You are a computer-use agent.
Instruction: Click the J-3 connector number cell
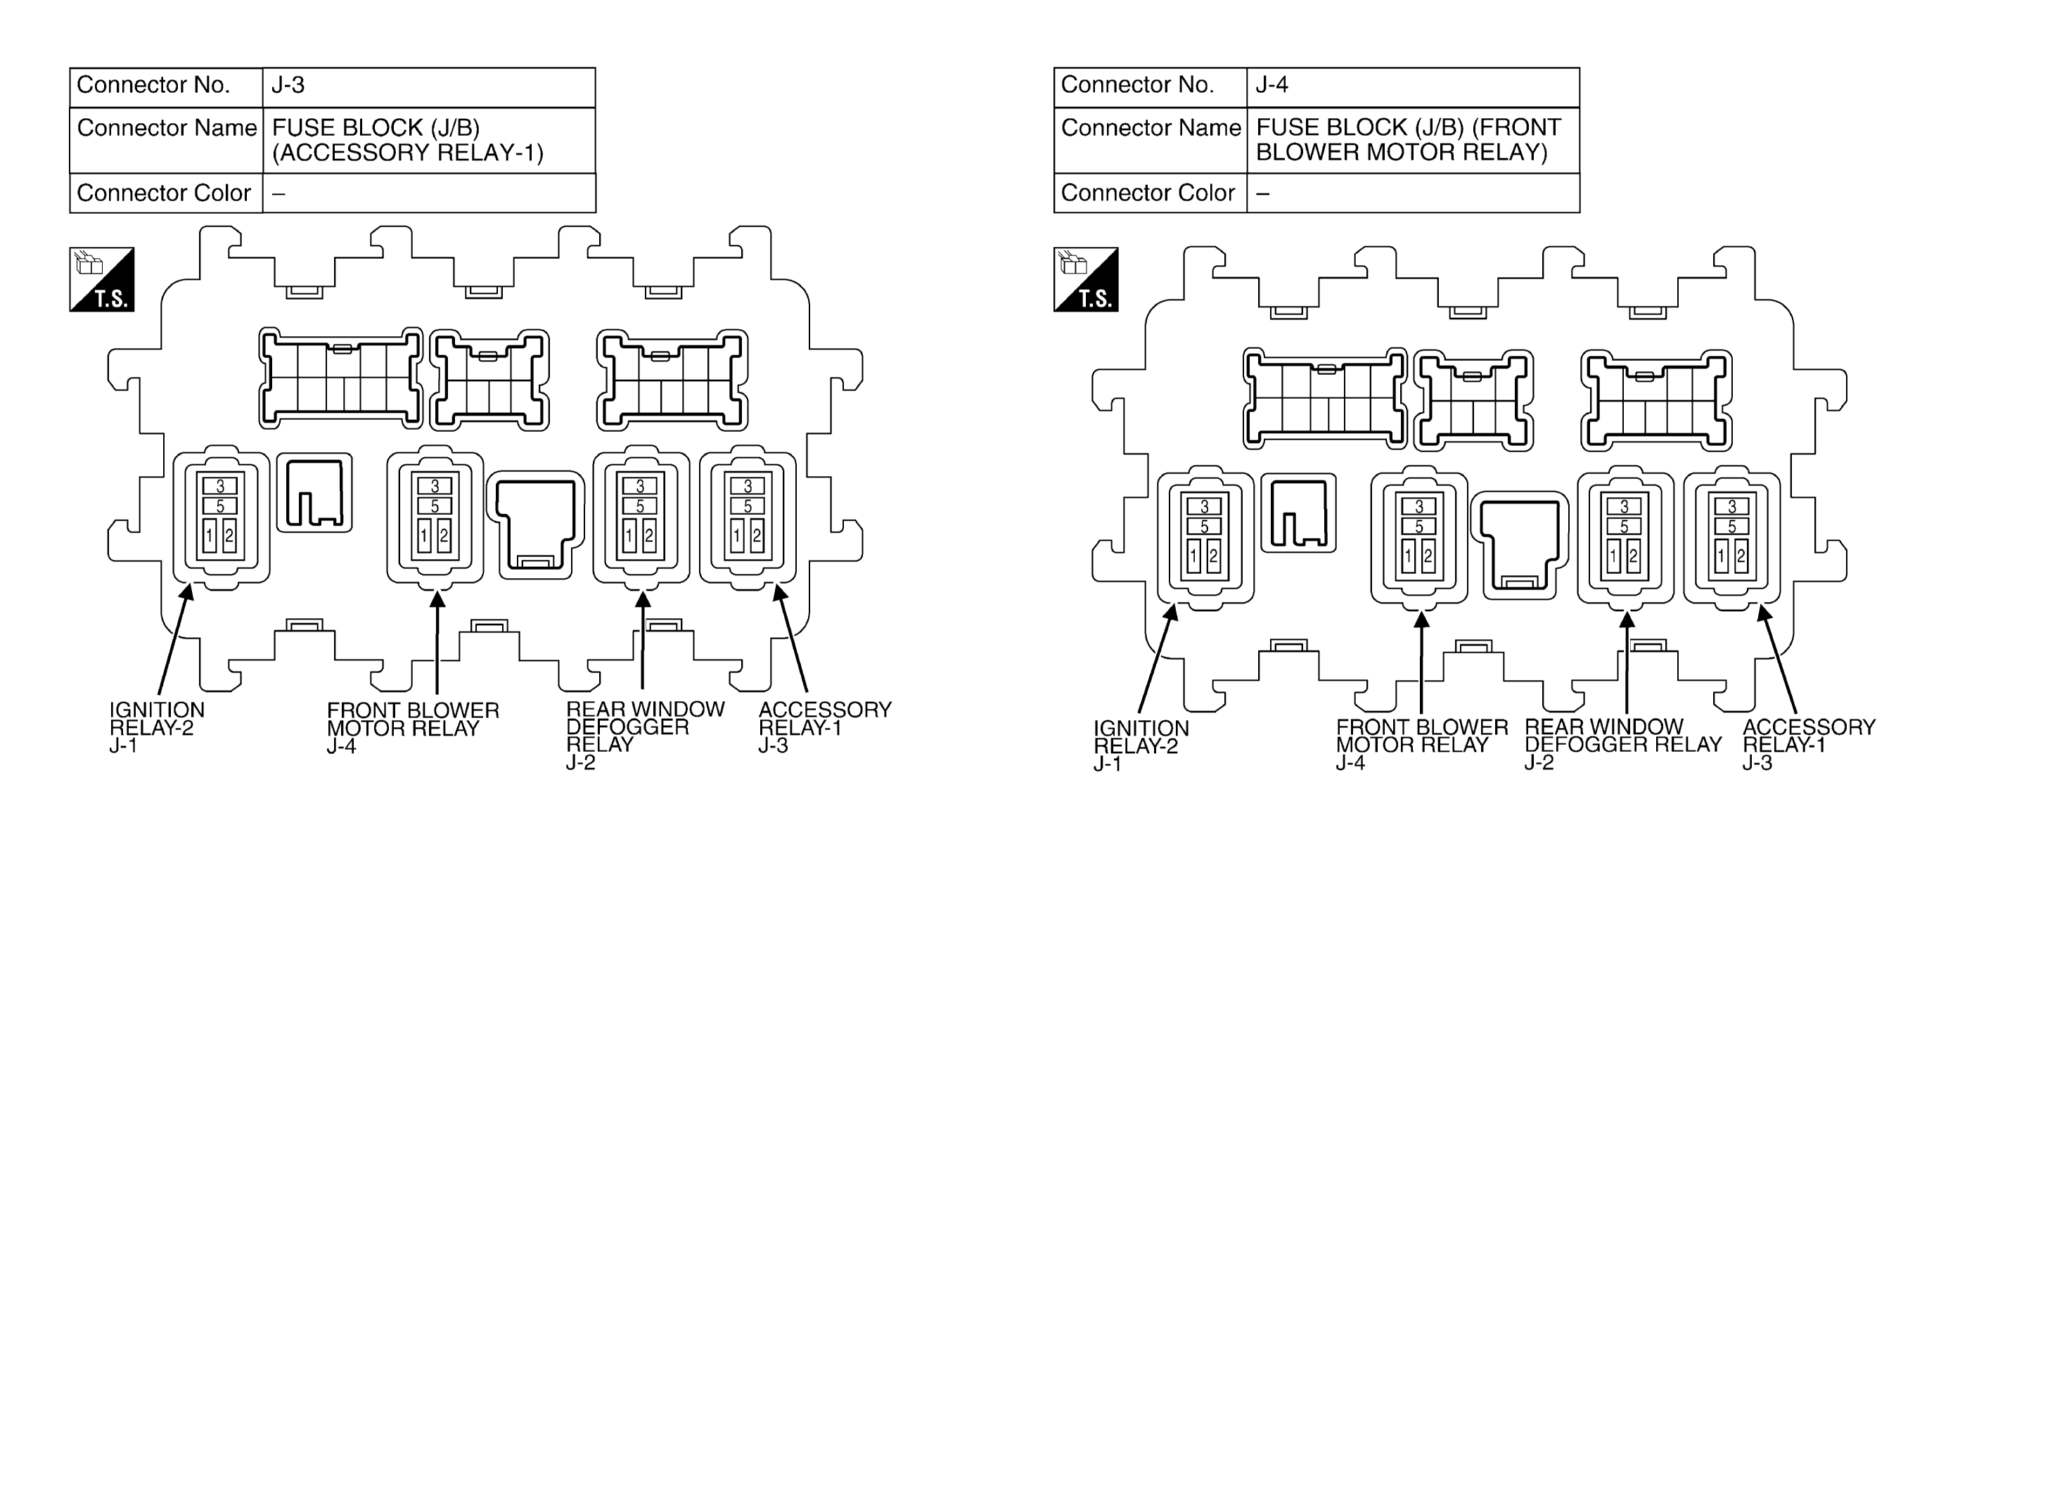coord(429,87)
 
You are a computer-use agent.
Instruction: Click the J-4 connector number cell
coord(1413,87)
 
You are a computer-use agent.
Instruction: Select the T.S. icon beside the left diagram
coord(101,279)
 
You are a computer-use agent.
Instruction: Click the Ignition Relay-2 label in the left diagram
coord(157,727)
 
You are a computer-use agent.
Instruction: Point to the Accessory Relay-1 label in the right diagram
coord(1809,745)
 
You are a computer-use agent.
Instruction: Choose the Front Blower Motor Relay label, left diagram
coord(413,727)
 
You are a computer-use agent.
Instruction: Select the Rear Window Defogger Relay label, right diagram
coord(1623,745)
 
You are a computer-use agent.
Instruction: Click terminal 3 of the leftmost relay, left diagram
coord(220,486)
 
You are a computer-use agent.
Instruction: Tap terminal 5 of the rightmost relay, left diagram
coord(748,506)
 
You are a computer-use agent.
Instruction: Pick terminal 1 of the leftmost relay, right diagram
coord(1194,556)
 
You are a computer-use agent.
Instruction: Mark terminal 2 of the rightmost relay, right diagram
coord(1741,556)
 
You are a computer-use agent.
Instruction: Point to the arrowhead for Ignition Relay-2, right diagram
coord(1172,612)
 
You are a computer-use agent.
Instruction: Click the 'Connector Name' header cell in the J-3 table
coord(167,141)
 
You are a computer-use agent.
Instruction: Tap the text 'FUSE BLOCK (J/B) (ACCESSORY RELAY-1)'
coord(408,140)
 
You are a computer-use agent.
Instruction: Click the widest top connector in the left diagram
coord(341,378)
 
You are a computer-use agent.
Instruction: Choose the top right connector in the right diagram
coord(1656,401)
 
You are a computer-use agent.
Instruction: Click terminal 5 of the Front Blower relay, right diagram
coord(1419,526)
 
